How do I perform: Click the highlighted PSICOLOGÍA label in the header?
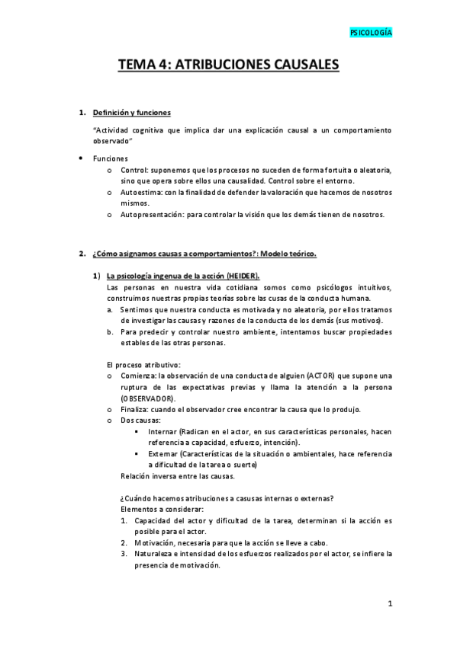point(371,34)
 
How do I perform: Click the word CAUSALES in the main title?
point(295,66)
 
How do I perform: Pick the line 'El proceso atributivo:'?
point(144,365)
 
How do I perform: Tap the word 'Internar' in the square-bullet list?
point(165,432)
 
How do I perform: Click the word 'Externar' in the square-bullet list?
point(166,454)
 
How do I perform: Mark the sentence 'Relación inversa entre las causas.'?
point(179,476)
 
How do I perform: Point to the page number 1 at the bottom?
point(389,605)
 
